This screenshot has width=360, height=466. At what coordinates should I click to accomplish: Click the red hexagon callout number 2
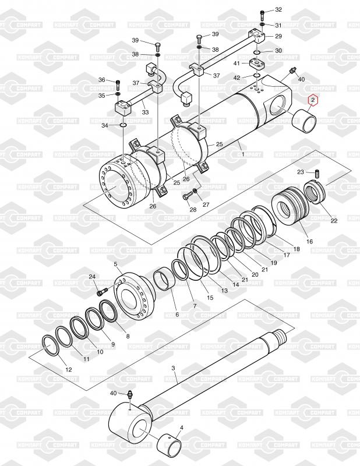(313, 101)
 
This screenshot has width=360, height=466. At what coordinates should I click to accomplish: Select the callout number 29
(278, 36)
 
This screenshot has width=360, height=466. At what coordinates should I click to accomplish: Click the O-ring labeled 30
(257, 52)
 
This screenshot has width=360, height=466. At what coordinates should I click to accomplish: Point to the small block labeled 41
(255, 63)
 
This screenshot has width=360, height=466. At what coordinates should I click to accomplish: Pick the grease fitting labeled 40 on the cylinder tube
(292, 71)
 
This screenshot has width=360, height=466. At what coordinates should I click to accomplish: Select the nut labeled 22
(315, 193)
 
